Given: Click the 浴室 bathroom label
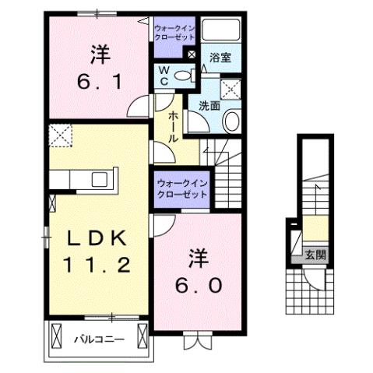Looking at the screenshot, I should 220,57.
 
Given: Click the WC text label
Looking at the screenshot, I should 164,76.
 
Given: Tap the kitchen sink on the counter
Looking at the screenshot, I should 100,179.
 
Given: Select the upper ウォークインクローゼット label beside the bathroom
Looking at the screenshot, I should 177,33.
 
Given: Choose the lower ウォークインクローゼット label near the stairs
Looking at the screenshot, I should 181,188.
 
